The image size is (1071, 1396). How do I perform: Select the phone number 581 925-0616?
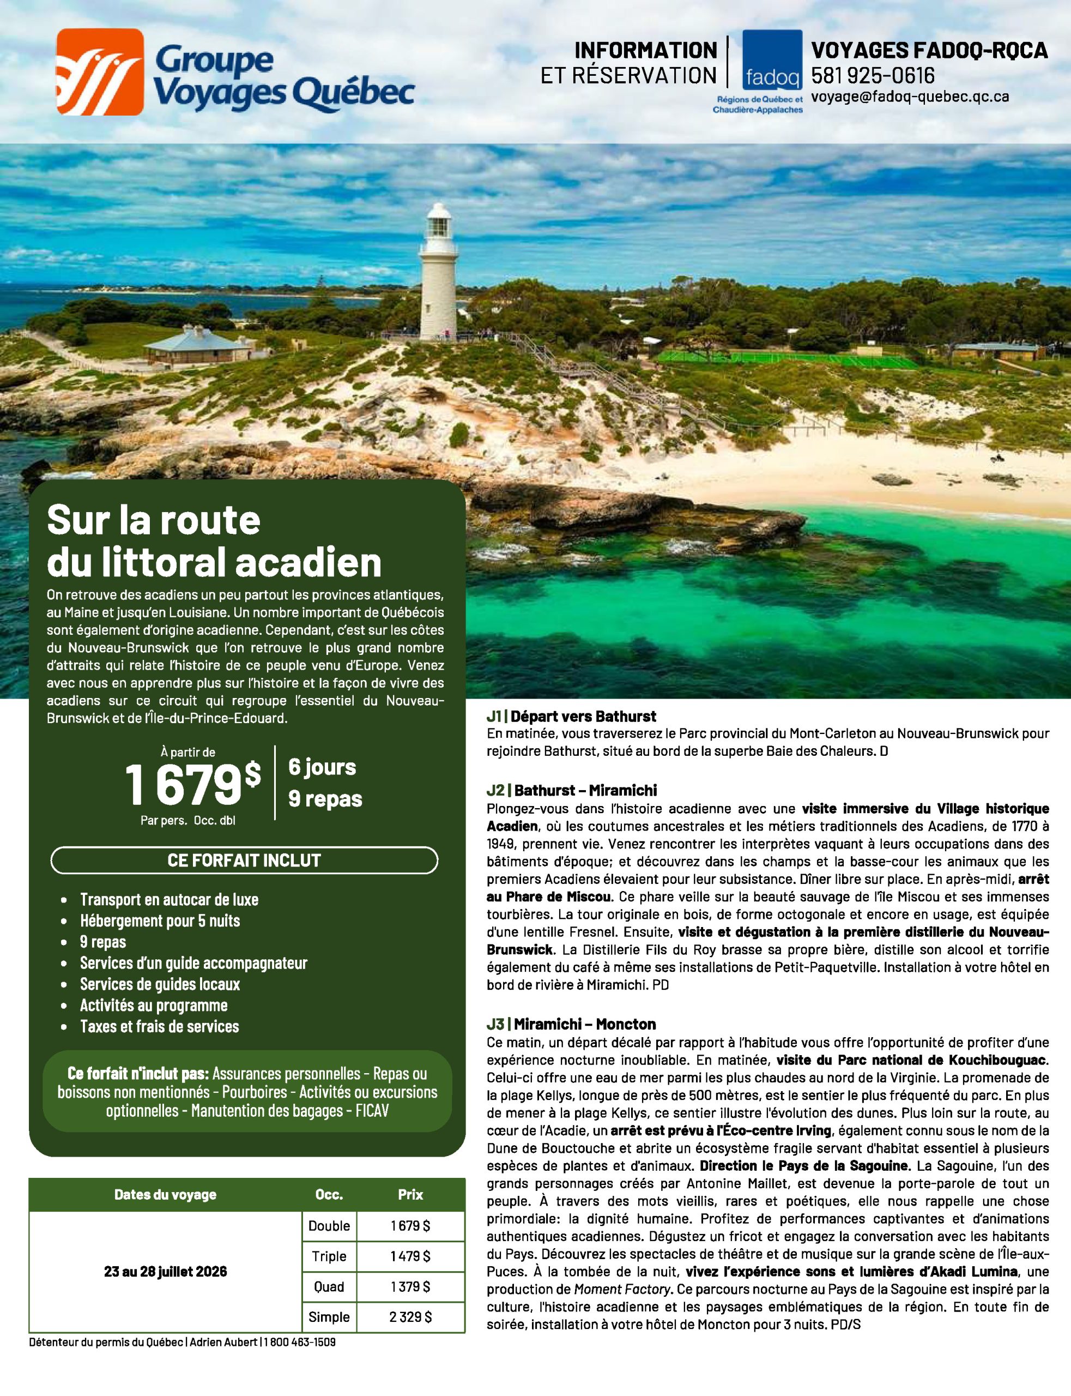[x=872, y=76]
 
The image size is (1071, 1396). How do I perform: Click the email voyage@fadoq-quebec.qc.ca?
[x=910, y=97]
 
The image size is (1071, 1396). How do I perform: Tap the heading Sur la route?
[x=154, y=520]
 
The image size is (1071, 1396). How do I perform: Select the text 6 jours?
[x=322, y=767]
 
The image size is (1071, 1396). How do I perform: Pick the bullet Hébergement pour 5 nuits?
[x=160, y=920]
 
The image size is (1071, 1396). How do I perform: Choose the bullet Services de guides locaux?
[x=160, y=984]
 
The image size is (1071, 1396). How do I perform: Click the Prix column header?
[x=410, y=1194]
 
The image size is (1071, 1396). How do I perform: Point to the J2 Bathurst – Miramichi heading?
[x=571, y=790]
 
